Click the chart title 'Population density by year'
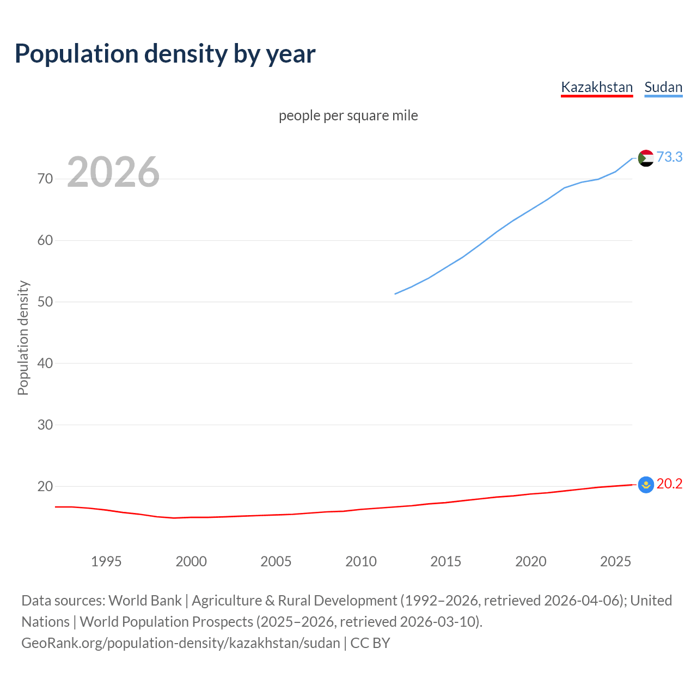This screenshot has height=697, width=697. click(x=165, y=54)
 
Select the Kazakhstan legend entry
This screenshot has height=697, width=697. click(x=597, y=87)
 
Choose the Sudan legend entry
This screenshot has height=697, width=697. click(x=663, y=87)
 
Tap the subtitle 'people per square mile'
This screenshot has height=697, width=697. click(x=348, y=115)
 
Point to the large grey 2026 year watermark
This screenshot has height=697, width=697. click(x=113, y=172)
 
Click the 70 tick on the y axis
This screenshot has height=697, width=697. click(x=45, y=179)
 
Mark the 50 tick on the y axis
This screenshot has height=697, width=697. click(x=45, y=302)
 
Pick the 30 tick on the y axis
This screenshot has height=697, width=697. click(x=45, y=425)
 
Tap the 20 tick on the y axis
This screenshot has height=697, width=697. click(x=45, y=486)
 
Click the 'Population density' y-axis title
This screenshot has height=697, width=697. click(x=23, y=338)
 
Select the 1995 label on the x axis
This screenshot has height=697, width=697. click(x=106, y=561)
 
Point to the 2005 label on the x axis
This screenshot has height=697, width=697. click(x=276, y=561)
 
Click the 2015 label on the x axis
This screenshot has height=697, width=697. click(x=446, y=561)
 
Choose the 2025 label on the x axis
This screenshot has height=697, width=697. click(x=616, y=561)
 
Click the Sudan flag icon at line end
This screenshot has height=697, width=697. click(x=646, y=158)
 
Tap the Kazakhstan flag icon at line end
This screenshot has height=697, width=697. click(x=646, y=485)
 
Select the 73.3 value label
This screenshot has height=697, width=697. click(x=669, y=157)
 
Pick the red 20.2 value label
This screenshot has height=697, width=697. click(x=669, y=484)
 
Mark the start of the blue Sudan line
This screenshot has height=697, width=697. click(x=395, y=294)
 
